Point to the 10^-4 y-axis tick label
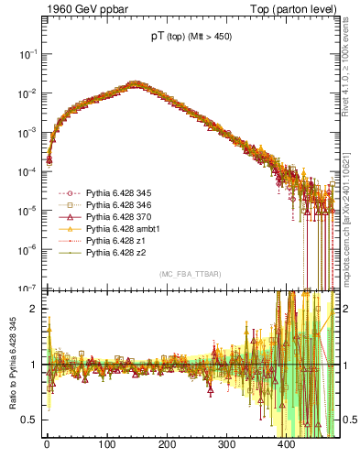(27, 171)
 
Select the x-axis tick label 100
(107, 445)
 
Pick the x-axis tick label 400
(287, 445)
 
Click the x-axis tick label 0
(47, 445)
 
